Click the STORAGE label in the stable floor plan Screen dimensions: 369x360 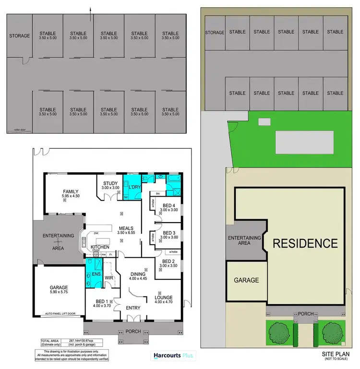click(x=19, y=36)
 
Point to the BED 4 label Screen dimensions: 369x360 click(x=169, y=205)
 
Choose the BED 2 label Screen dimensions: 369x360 click(x=169, y=261)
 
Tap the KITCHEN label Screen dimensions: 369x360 click(x=107, y=247)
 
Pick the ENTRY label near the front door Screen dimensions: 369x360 click(x=132, y=308)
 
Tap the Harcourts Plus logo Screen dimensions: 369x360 click(x=172, y=356)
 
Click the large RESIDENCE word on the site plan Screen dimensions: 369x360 click(x=305, y=243)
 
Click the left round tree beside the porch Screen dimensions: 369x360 click(x=279, y=331)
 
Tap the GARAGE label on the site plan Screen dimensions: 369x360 click(x=246, y=280)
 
